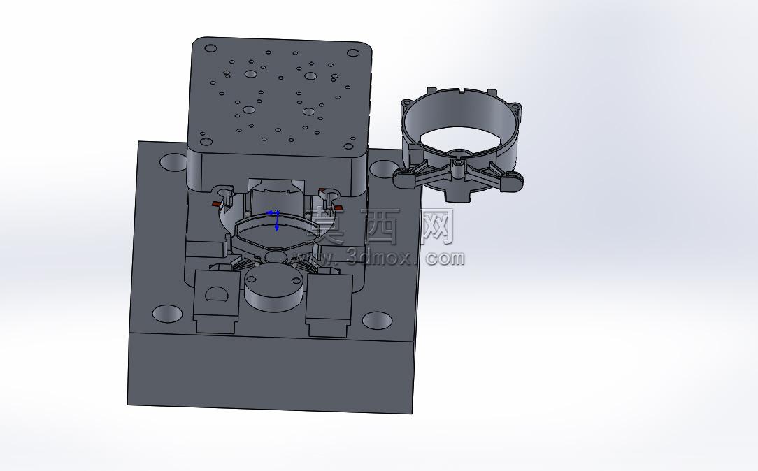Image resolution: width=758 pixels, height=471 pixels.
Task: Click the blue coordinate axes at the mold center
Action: point(276,218)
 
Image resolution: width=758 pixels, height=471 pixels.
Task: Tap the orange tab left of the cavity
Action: point(215,204)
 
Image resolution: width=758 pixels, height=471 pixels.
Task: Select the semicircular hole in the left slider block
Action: point(217,294)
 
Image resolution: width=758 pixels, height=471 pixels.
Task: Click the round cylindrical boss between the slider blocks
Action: point(275,289)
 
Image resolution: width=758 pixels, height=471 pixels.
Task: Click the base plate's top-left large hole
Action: point(173,162)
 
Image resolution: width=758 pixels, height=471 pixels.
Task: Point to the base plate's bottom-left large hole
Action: point(167,313)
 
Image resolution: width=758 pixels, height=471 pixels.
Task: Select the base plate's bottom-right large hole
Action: point(377,320)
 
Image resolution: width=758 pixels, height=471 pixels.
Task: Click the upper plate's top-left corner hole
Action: point(210,48)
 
